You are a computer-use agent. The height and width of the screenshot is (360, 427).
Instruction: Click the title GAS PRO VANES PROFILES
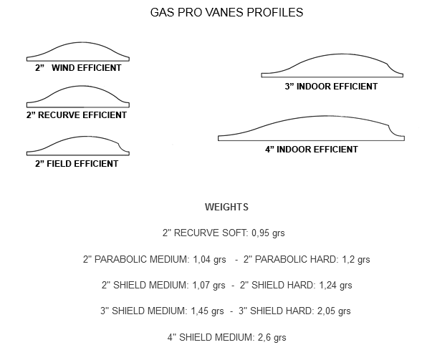click(x=226, y=12)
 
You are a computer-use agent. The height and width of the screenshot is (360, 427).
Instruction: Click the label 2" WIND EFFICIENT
click(x=78, y=68)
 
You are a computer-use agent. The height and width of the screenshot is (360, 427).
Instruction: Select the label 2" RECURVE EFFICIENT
click(x=77, y=115)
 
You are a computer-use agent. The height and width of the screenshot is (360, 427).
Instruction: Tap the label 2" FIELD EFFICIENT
click(x=77, y=163)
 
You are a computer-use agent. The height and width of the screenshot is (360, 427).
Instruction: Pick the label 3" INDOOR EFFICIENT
click(x=331, y=87)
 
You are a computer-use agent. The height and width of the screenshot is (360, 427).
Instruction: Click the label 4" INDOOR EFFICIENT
click(x=312, y=149)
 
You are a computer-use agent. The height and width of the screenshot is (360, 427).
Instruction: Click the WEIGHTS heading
click(x=226, y=207)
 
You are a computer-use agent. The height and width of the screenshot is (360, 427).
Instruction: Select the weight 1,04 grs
click(x=209, y=259)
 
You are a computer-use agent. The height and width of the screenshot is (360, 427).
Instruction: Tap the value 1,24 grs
click(x=335, y=285)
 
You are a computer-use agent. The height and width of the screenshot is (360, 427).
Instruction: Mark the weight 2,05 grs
click(x=334, y=311)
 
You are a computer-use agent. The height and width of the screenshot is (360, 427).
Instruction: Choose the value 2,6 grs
click(x=272, y=337)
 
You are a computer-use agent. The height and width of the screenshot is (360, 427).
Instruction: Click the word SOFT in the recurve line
click(x=235, y=233)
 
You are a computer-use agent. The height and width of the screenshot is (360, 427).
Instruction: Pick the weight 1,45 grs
click(x=207, y=311)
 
